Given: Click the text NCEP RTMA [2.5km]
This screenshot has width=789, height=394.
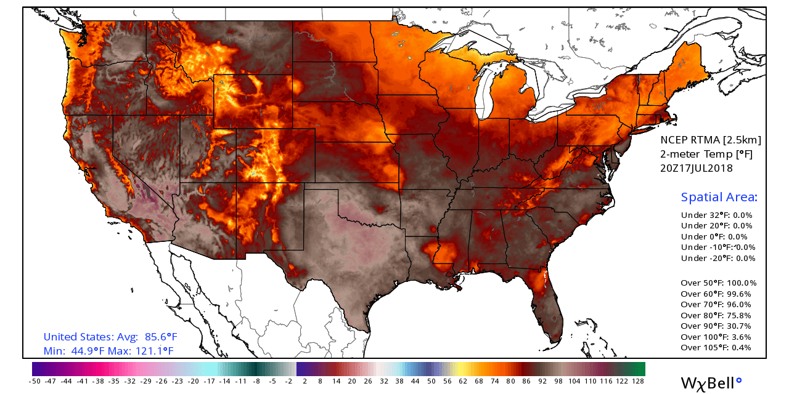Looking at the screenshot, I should [710, 140].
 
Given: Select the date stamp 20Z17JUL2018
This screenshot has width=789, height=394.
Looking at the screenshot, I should [697, 168].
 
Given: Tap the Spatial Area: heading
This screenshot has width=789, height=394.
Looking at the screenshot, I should [719, 198].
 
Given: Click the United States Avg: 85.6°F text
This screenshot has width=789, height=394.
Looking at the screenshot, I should [110, 337].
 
